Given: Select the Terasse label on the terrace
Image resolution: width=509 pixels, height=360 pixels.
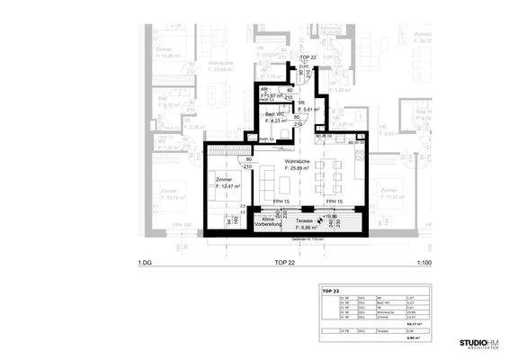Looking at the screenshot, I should point(304,220).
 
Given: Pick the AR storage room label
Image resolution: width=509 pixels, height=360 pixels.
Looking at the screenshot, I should point(263,89).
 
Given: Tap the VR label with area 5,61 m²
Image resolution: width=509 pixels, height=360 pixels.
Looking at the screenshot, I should point(303,103).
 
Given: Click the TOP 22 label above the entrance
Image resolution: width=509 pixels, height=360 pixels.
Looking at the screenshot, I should point(308,56).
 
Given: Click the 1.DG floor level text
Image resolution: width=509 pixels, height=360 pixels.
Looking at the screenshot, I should point(144,263).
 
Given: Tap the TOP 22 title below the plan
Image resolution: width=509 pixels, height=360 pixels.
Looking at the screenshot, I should point(285,263).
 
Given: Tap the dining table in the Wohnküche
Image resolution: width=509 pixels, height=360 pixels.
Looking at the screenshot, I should point(328,170).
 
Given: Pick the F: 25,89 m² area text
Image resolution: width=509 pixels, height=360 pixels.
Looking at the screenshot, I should point(299,168).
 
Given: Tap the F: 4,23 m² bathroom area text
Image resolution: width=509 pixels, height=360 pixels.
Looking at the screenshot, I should point(276,121).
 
